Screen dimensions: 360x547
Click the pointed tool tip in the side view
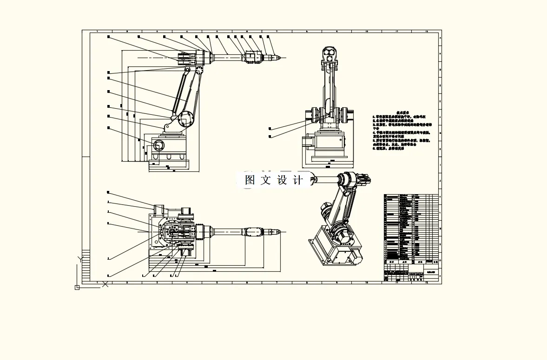[x=280, y=58]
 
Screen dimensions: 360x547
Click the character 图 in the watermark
[x=250, y=180]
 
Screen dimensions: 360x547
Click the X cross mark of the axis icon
[x=105, y=283]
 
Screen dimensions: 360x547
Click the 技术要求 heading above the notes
[x=403, y=113]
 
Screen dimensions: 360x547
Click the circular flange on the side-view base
[x=158, y=145]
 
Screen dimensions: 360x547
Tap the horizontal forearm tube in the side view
[x=227, y=58]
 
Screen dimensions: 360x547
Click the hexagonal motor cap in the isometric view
[x=347, y=237]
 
